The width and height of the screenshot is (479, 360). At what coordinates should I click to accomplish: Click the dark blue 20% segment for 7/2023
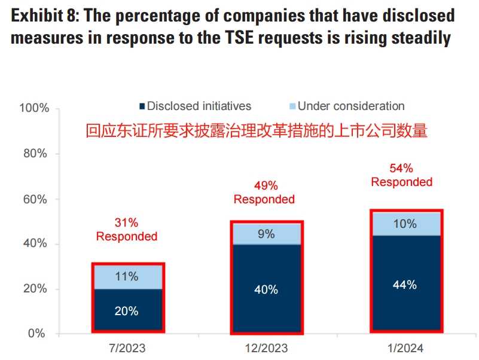point(127,310)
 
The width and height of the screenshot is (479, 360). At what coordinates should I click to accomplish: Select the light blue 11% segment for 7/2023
point(127,276)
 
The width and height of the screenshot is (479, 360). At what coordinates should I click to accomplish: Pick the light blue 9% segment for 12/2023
point(266,234)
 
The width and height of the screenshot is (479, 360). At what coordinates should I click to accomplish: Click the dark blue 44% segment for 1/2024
point(404,284)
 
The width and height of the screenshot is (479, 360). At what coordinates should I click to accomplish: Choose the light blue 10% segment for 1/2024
point(404,224)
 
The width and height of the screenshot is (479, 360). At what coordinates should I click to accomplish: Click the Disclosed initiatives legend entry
point(195,106)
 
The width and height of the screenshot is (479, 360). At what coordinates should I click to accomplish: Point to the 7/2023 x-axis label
point(127,347)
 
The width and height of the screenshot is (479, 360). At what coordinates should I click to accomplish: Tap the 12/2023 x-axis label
point(266,347)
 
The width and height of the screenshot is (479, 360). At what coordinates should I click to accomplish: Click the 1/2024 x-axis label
point(404,347)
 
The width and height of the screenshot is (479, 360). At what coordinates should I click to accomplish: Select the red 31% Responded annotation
point(127,230)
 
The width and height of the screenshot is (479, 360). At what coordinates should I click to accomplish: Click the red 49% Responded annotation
point(264,193)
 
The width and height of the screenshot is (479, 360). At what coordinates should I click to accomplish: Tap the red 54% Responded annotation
point(402,175)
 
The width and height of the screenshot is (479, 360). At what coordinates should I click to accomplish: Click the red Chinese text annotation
point(257,130)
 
